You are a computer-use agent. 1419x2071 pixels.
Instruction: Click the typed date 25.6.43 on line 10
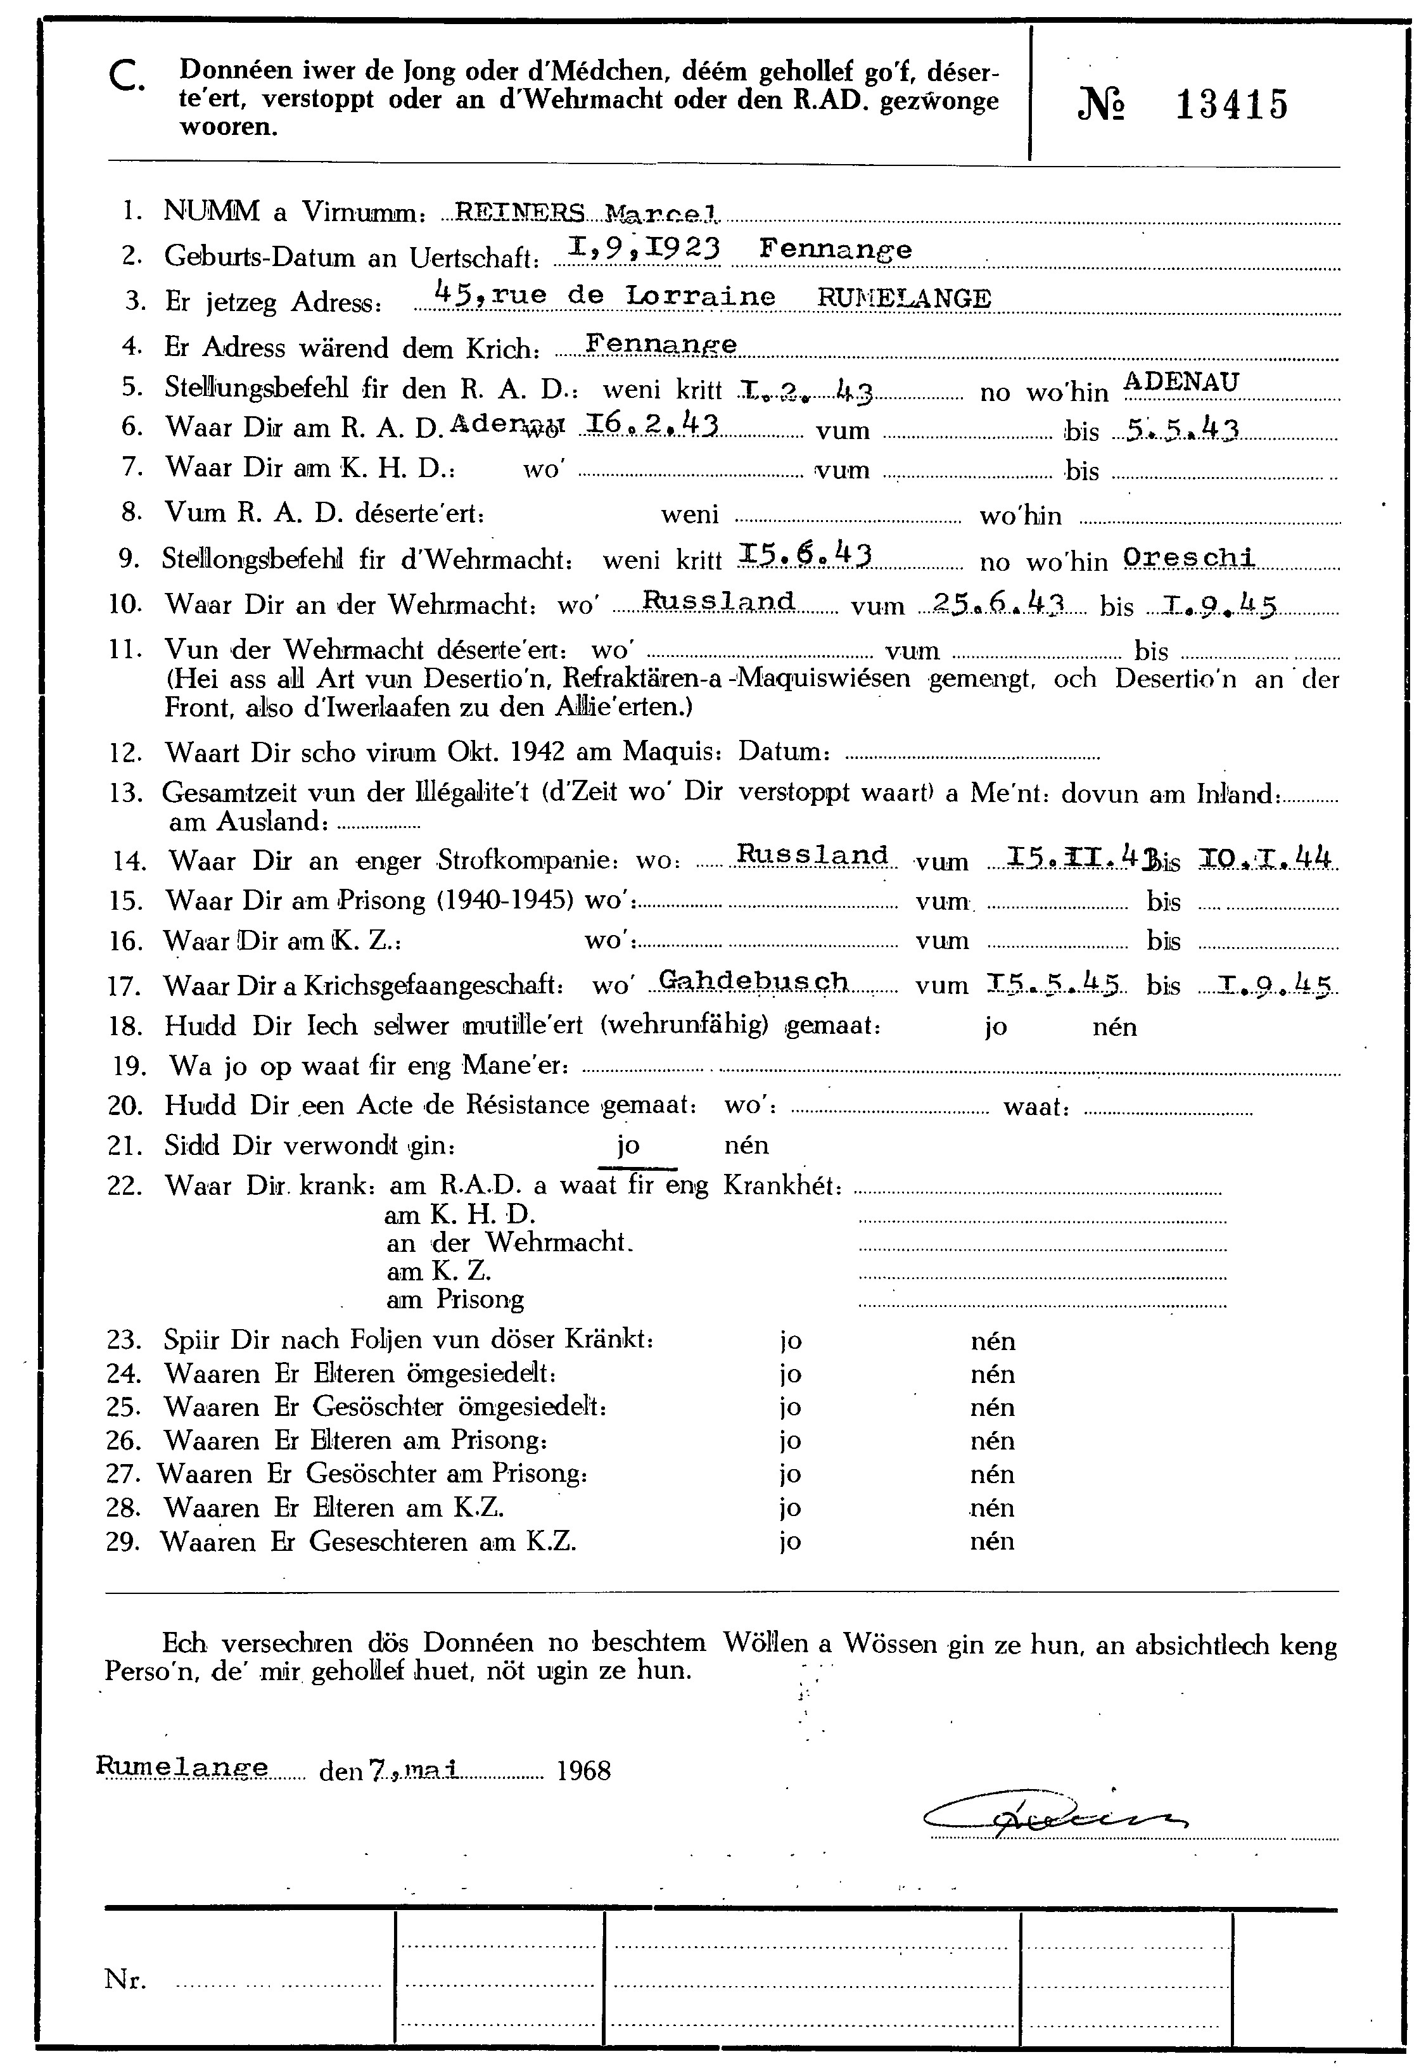996,603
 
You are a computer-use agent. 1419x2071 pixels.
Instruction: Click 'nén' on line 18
1114,1026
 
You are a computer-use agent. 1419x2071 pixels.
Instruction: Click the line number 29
123,1541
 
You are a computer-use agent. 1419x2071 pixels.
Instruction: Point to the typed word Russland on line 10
718,601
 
